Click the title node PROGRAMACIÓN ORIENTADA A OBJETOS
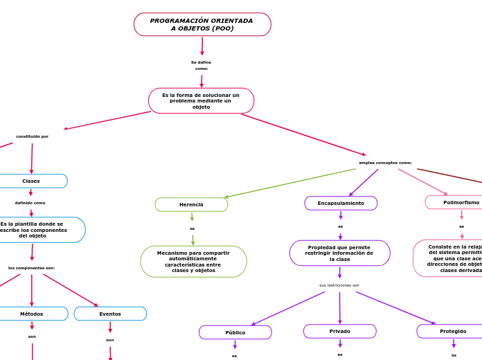(x=202, y=24)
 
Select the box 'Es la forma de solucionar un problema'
(x=201, y=100)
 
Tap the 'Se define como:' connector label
(x=202, y=65)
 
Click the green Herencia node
(x=191, y=204)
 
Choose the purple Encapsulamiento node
(x=341, y=203)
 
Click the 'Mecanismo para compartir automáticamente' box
(x=193, y=262)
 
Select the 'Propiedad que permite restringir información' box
(x=339, y=253)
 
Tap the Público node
(x=235, y=332)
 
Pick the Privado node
(x=339, y=331)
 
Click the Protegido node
(x=452, y=331)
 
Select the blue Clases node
(x=32, y=181)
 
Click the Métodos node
(x=32, y=314)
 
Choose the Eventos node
(x=110, y=314)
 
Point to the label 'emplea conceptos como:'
(x=385, y=163)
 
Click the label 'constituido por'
(x=33, y=136)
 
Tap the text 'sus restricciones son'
(x=339, y=285)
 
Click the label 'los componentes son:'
(x=32, y=267)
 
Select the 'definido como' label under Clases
(x=30, y=203)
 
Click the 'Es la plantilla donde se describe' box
(x=35, y=230)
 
